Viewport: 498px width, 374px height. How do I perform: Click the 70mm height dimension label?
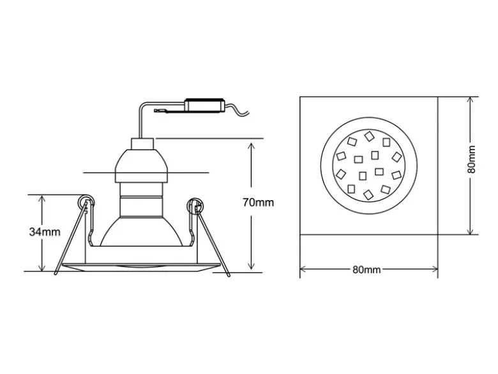click(x=258, y=203)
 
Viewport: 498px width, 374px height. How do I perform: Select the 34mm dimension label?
click(x=45, y=232)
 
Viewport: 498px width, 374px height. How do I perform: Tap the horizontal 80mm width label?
click(x=366, y=270)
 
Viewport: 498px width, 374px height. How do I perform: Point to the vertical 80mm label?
click(x=472, y=159)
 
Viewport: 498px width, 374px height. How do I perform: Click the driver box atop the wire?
click(x=205, y=105)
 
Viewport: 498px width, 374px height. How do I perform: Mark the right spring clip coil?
click(x=194, y=205)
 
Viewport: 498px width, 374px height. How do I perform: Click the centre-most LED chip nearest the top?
click(x=375, y=155)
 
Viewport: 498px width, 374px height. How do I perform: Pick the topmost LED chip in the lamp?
click(x=369, y=136)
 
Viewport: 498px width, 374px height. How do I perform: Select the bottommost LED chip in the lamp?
click(x=368, y=194)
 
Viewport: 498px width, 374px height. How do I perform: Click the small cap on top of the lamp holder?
click(x=142, y=144)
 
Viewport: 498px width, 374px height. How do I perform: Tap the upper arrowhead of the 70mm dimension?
click(x=251, y=146)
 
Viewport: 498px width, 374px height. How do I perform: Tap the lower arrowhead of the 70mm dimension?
click(x=251, y=266)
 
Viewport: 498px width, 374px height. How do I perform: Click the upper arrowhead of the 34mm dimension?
click(x=42, y=199)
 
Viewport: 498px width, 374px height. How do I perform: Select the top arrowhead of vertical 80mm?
click(x=471, y=101)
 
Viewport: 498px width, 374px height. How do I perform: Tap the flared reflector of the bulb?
click(x=142, y=231)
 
